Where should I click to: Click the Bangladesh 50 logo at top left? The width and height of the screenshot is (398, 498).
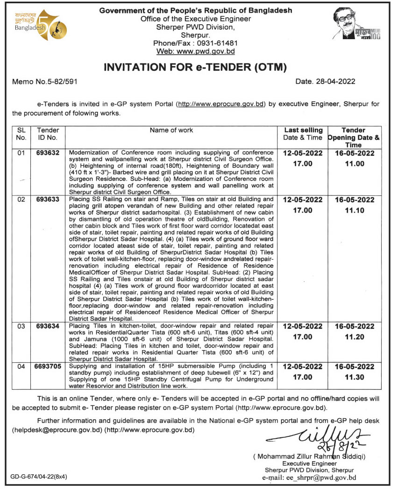[x=40, y=24]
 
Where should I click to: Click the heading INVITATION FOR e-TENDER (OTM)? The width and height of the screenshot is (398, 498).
[x=195, y=68]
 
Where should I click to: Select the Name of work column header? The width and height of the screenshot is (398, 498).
[x=171, y=131]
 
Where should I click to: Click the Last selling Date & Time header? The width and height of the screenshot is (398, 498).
[x=303, y=134]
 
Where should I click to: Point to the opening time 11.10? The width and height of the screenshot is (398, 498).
[x=354, y=211]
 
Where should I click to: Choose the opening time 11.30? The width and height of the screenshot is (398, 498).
[x=354, y=378]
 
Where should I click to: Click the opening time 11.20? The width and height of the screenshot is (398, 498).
[x=354, y=337]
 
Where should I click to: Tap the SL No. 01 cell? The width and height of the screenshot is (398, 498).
[x=21, y=153]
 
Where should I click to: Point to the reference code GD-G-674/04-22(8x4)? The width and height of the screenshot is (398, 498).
[x=40, y=477]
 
